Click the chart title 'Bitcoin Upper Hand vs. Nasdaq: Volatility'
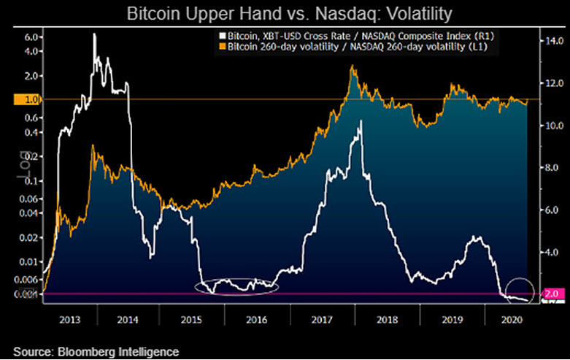click(x=284, y=14)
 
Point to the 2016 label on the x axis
click(x=258, y=318)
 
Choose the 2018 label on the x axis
click(x=385, y=318)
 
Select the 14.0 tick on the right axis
click(x=550, y=41)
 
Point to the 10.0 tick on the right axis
click(x=550, y=126)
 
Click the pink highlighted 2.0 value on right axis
click(x=552, y=294)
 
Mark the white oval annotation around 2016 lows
click(x=236, y=286)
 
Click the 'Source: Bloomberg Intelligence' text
click(x=96, y=351)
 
